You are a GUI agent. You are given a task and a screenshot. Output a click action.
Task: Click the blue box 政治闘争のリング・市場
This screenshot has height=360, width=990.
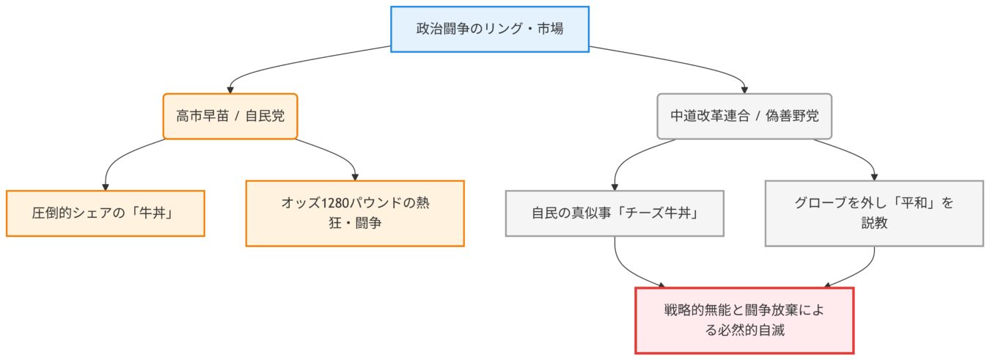pyautogui.click(x=489, y=29)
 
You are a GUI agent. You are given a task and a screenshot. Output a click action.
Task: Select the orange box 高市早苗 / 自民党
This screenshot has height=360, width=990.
pyautogui.click(x=230, y=116)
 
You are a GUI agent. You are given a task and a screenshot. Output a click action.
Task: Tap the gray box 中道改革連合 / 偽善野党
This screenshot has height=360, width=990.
pyautogui.click(x=744, y=116)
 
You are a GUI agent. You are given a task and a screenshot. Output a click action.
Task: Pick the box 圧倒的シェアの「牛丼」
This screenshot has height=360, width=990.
pyautogui.click(x=105, y=213)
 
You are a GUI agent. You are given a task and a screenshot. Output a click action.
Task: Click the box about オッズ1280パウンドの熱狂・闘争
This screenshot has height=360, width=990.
pyautogui.click(x=355, y=213)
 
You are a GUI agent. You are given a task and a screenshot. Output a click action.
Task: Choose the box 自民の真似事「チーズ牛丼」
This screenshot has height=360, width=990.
pyautogui.click(x=615, y=213)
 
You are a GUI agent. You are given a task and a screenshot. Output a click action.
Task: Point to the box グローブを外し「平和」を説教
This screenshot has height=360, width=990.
pyautogui.click(x=874, y=213)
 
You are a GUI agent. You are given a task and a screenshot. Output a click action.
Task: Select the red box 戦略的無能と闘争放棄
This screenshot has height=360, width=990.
pyautogui.click(x=744, y=320)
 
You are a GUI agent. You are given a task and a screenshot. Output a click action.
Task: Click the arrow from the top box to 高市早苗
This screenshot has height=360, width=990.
pyautogui.click(x=293, y=62)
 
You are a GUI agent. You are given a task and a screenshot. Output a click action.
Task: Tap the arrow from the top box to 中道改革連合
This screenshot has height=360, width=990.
pyautogui.click(x=682, y=62)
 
